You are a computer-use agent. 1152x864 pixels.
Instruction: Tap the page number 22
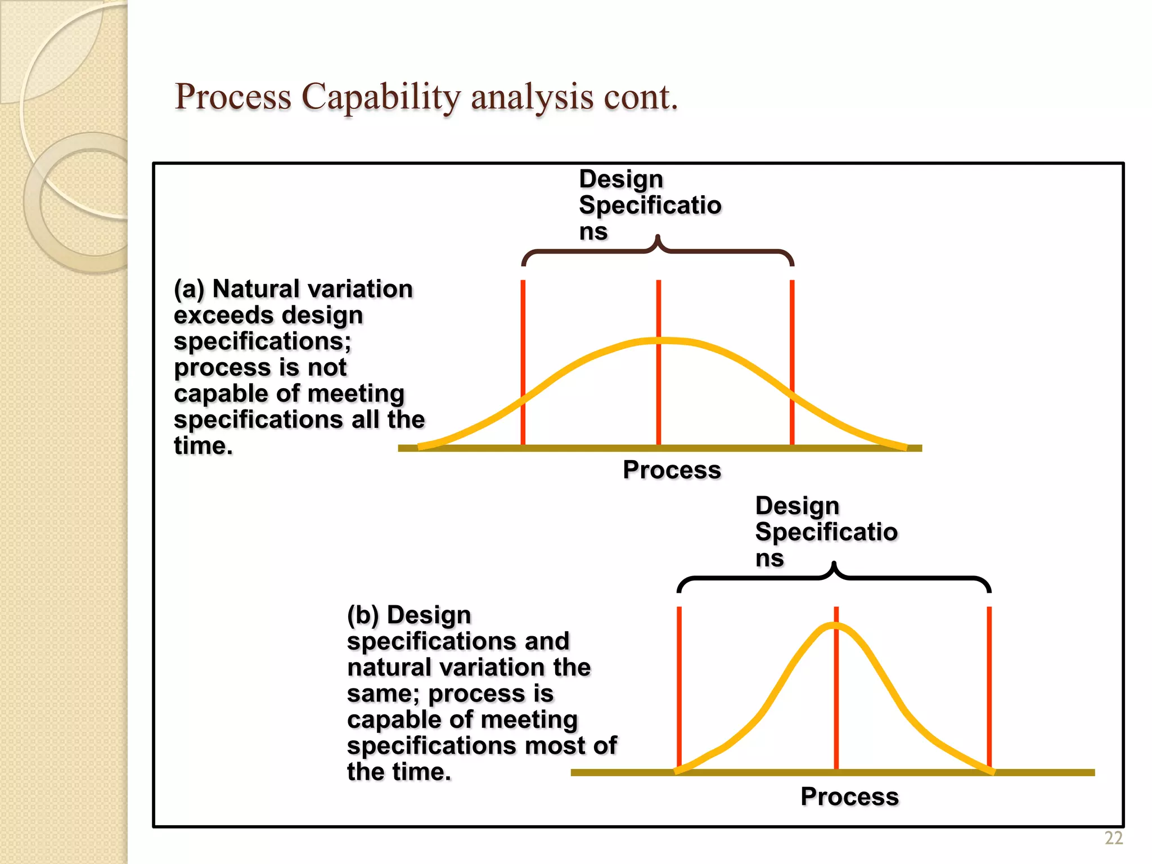click(x=1114, y=838)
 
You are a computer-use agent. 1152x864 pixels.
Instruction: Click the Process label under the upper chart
click(x=672, y=470)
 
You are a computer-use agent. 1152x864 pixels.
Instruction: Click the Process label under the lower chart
click(x=849, y=796)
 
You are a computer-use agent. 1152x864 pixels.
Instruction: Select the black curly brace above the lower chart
click(x=834, y=578)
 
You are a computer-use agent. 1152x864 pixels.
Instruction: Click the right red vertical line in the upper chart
click(x=792, y=337)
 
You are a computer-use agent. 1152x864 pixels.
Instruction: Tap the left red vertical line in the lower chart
click(x=679, y=675)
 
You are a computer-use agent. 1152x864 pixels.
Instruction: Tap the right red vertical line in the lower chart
click(x=989, y=675)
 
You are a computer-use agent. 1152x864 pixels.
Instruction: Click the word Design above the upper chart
click(x=621, y=179)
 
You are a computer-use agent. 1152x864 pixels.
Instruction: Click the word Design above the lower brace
click(x=797, y=505)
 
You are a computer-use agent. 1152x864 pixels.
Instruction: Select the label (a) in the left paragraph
click(x=189, y=289)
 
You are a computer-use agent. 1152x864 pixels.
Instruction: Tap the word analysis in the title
click(x=532, y=97)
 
